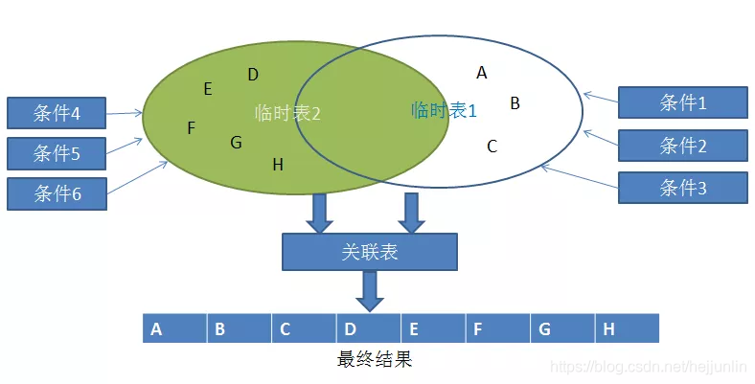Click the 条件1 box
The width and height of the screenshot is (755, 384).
pos(682,103)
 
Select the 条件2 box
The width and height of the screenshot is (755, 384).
pos(682,146)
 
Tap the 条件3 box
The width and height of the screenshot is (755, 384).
pos(682,188)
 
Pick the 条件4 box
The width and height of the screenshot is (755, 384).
pos(57,114)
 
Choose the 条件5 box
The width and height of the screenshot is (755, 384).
pos(57,153)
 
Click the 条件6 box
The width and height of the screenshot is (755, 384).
pos(57,193)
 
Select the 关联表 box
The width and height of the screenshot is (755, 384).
pos(369,253)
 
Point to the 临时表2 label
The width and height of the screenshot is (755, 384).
pos(287,113)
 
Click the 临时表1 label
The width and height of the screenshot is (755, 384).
pos(444,110)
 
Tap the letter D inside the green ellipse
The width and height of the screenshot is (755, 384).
pos(253,75)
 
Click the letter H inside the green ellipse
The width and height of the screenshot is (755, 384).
pos(278,165)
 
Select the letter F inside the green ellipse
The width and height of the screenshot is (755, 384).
pos(192,128)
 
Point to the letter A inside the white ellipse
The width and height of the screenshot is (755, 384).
pos(482,72)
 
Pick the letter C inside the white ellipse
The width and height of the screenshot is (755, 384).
pos(492,147)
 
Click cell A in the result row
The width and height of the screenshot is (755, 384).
pos(174,329)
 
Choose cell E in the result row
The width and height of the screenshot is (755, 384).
pos(433,329)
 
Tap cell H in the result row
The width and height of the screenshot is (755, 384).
pos(628,329)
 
